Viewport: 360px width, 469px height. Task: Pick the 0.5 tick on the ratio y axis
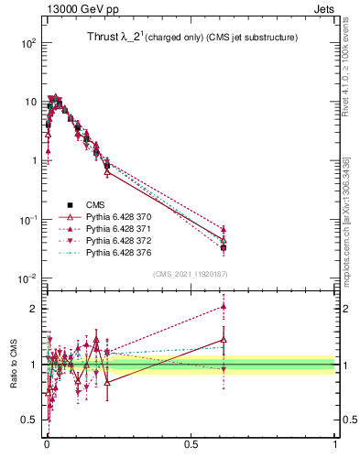tap(30, 420)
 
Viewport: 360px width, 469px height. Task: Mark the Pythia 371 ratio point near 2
tap(224, 307)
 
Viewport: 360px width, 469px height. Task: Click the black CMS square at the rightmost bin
tap(224, 247)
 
